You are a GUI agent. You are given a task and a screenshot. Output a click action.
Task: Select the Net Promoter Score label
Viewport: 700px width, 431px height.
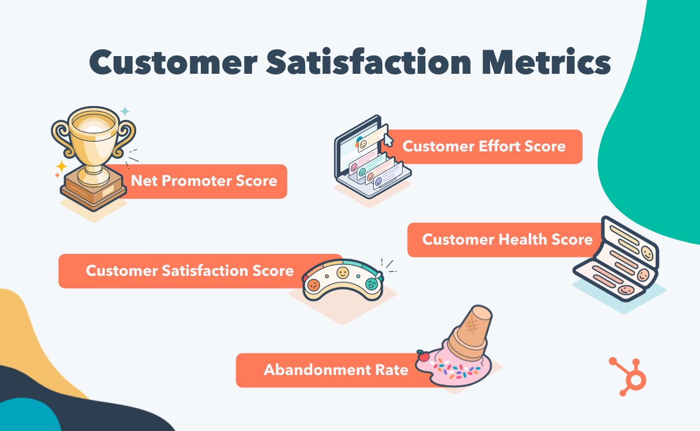[204, 180]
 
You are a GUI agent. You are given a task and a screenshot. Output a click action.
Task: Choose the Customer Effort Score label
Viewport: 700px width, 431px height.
[484, 146]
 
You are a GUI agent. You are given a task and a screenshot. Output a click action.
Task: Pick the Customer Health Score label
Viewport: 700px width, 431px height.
[507, 239]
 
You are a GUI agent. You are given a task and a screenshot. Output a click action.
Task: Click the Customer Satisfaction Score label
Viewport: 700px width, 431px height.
[190, 270]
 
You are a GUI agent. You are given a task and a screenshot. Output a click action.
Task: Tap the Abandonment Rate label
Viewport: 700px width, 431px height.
[335, 370]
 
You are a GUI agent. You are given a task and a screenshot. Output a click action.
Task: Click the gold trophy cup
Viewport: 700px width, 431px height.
[93, 138]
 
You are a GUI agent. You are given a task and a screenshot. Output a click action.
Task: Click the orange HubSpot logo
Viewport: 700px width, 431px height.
[630, 376]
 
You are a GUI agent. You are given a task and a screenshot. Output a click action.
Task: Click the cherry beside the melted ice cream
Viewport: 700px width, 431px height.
[423, 356]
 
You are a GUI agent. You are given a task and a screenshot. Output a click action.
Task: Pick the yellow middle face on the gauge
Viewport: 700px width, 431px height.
[342, 273]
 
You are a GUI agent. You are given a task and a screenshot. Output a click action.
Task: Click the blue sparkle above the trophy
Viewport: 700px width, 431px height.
[125, 111]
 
